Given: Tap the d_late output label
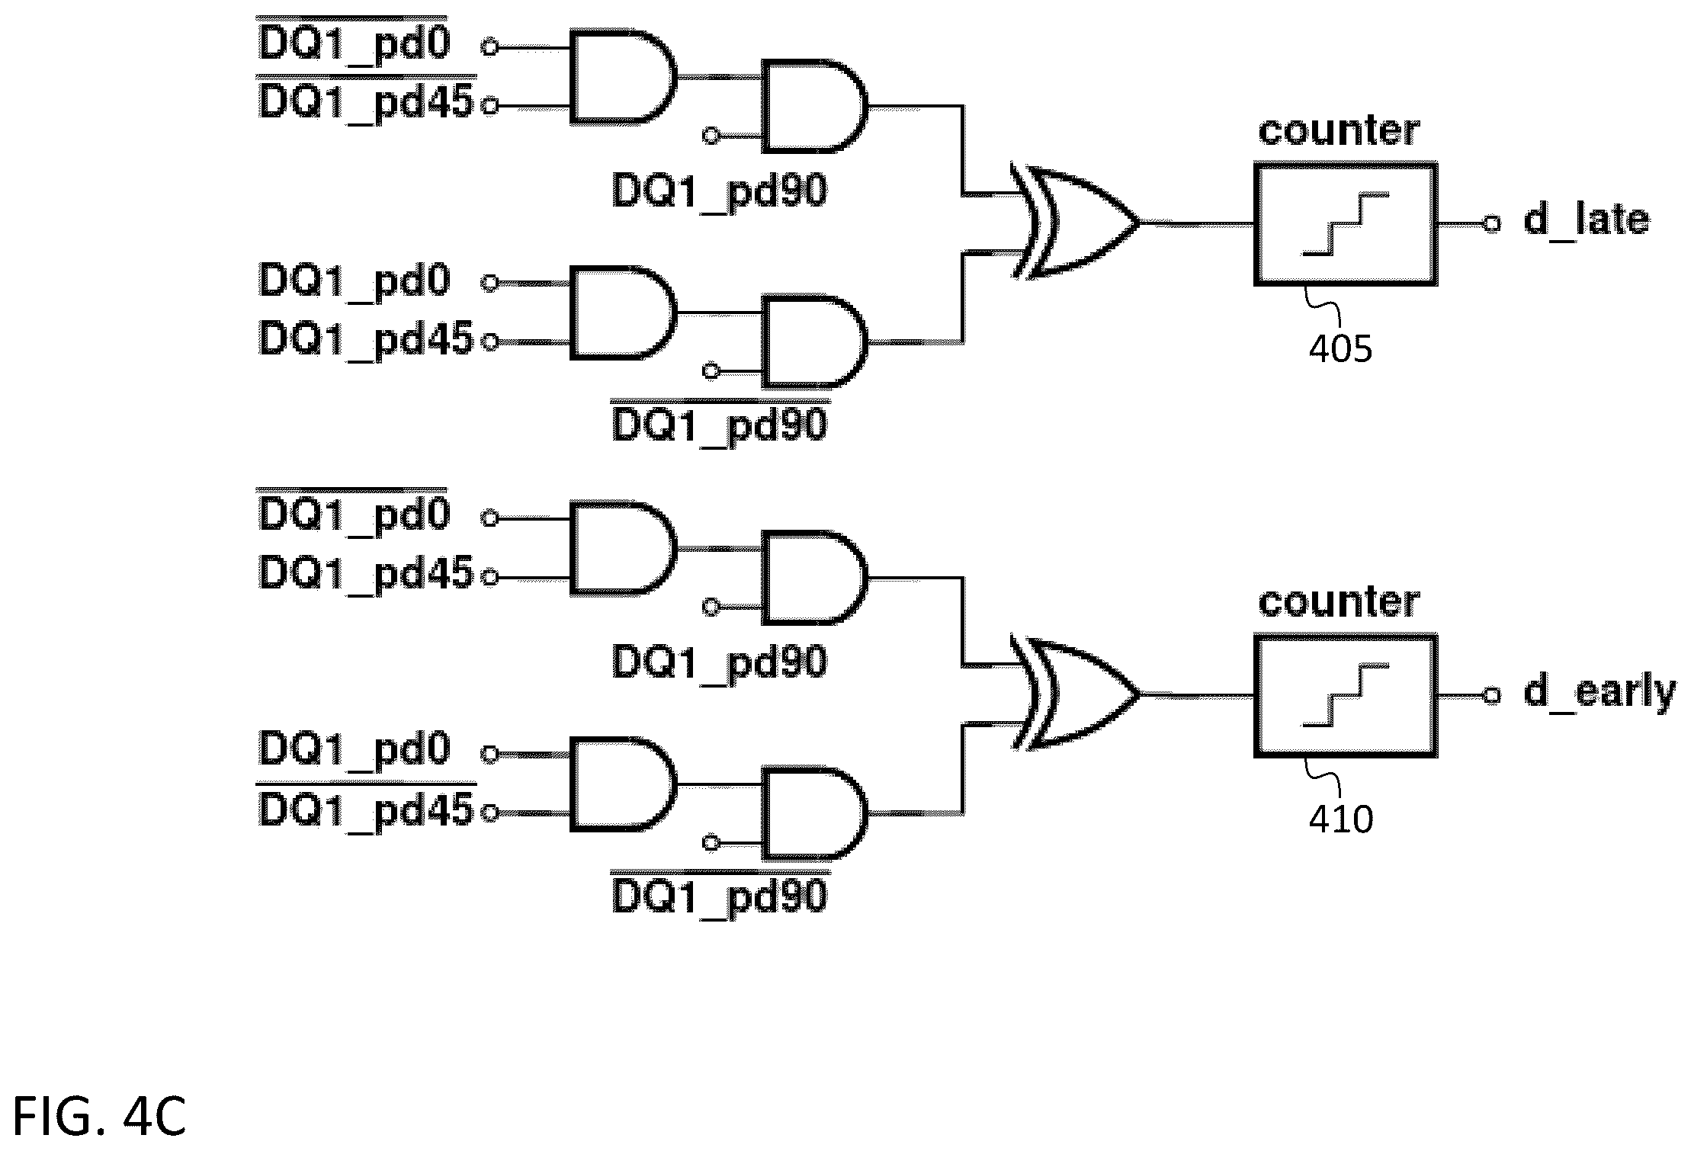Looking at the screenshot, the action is [1586, 220].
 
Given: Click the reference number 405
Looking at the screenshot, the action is [1340, 349].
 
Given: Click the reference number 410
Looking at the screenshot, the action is [1341, 819].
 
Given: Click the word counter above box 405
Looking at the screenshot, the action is [1339, 131].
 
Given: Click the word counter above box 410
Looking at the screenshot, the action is [1339, 602].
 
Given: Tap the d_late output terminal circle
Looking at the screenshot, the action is [1492, 223].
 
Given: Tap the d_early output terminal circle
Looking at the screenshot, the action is [1492, 694].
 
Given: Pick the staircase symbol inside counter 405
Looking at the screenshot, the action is [1346, 224].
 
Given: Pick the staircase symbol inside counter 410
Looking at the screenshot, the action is [1346, 695].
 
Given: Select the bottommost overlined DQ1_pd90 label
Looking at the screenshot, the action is [720, 893].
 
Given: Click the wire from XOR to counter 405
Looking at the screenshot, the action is [1198, 223].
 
